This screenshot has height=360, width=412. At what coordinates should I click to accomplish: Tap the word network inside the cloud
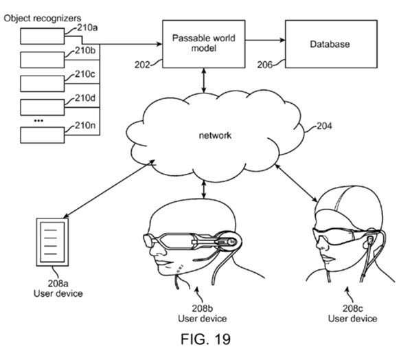point(215,135)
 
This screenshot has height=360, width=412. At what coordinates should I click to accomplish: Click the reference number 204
point(324,126)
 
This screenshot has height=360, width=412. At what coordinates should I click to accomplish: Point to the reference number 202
point(142,65)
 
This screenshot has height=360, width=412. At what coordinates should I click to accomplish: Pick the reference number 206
point(264,65)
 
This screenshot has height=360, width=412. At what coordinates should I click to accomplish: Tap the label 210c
point(85,74)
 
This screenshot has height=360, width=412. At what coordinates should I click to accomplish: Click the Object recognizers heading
point(43,18)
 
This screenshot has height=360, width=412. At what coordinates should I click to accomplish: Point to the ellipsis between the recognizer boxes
point(38,121)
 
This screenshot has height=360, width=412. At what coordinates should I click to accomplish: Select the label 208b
point(202,308)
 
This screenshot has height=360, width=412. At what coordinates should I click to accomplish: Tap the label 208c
point(353,308)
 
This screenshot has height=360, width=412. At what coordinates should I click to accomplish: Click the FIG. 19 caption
point(206,339)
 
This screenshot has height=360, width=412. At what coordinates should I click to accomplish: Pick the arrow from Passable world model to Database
point(265,41)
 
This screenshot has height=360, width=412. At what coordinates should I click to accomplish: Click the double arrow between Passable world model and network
point(204,80)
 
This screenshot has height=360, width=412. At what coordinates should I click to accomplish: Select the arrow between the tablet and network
point(108,189)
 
